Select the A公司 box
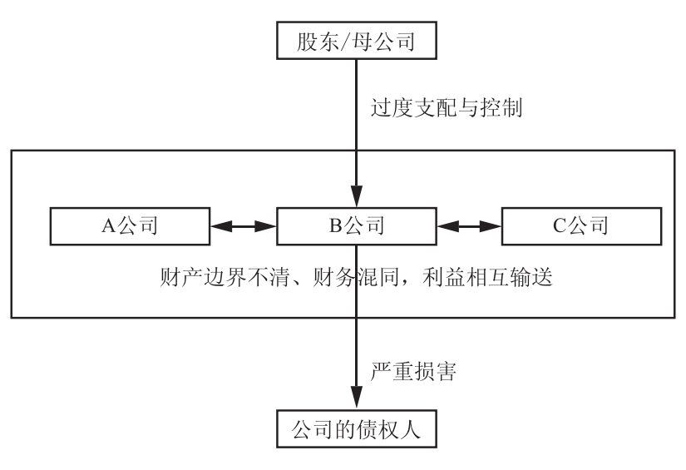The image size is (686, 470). tap(128, 225)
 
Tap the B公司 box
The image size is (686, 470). tap(356, 225)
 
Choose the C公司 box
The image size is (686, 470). tap(581, 225)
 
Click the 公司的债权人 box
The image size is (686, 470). tap(356, 431)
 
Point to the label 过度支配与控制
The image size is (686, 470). tap(446, 108)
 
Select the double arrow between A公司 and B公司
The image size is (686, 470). tap(243, 225)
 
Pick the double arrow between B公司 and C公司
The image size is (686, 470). tap(470, 225)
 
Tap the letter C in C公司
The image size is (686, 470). tap(558, 225)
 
